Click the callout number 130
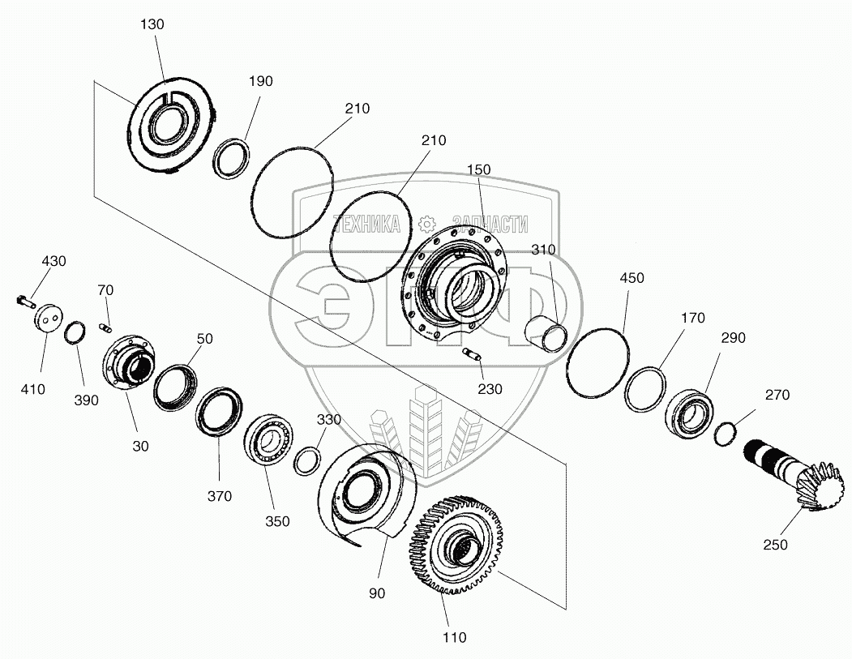point(152,24)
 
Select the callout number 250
point(775,545)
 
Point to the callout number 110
point(455,637)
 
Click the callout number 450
point(632,278)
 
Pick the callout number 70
point(106,289)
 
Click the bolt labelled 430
point(25,302)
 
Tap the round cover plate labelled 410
point(49,317)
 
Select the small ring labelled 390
point(76,332)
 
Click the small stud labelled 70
point(104,327)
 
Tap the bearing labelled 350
point(268,439)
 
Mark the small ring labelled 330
point(306,461)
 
